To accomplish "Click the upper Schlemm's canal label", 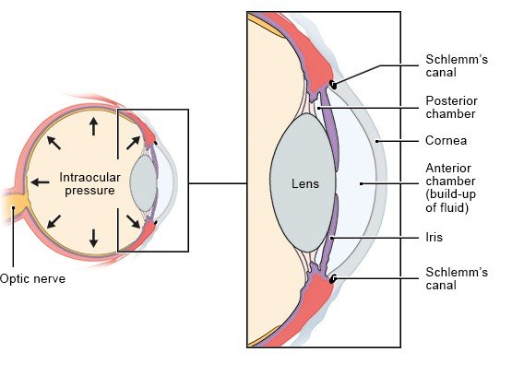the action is coord(457,65).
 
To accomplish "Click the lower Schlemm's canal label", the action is coord(457,278).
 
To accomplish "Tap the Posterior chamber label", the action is coord(451,107).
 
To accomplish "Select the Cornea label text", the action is coord(447,141).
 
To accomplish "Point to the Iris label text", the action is coord(434,237).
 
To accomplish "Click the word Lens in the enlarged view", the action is coord(305,183).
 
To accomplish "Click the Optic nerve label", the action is coord(32,279).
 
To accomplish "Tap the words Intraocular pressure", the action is coord(89,184).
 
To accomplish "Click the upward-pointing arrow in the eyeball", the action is coord(94,126).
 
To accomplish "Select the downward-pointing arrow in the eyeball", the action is coord(94,239).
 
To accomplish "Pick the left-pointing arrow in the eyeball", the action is coord(40,182).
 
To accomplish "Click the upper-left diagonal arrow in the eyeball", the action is coord(54,143).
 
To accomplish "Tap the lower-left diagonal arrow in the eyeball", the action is coord(54,221).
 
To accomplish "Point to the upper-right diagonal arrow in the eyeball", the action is coord(133,143).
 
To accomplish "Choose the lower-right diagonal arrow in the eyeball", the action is coord(133,221).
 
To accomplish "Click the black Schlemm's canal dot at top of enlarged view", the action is coord(333,85).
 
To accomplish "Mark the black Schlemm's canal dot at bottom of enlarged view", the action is coord(333,279).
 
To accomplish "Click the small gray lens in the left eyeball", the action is coord(143,182).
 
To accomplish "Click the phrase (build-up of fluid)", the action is coord(450,201).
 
